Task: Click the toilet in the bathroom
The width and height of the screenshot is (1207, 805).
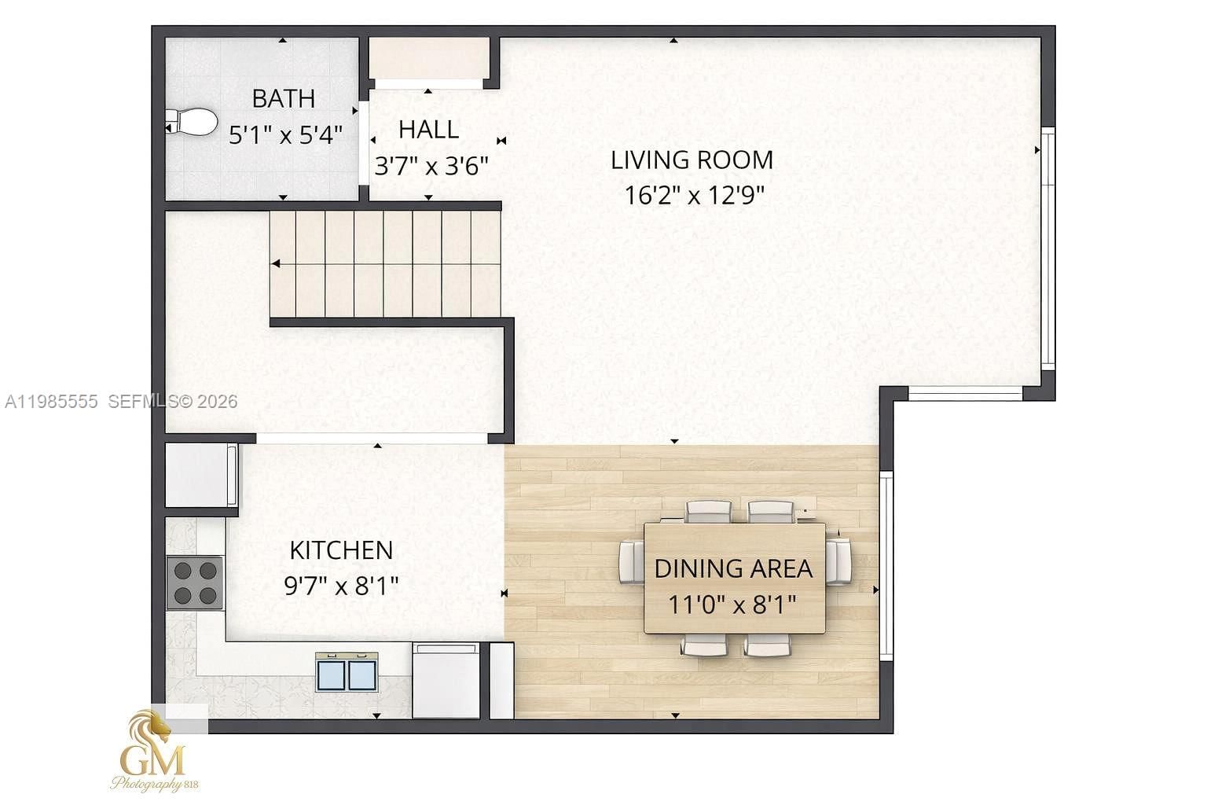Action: point(192,122)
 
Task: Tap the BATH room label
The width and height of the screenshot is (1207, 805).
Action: point(284,99)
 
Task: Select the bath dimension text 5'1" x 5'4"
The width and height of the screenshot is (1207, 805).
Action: point(285,135)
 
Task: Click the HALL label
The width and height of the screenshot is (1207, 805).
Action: point(428,130)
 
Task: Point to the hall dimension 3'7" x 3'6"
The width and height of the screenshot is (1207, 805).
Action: point(431,166)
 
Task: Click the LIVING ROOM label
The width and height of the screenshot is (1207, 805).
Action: point(692,160)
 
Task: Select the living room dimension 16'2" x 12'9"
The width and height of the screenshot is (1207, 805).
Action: point(694,195)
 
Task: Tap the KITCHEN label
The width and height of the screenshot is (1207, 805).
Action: point(341,550)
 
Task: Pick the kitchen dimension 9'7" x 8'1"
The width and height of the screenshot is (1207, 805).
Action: point(341,586)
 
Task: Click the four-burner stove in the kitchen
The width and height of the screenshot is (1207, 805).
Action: point(195,583)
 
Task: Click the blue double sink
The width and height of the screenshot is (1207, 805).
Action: point(347,674)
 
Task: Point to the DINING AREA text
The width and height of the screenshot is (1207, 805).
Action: point(733,568)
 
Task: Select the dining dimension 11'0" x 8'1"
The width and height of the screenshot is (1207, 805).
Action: point(732,605)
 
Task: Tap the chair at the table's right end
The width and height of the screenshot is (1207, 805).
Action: point(839,561)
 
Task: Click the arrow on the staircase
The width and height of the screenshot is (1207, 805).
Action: point(277,264)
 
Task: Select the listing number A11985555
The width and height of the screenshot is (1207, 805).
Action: point(51,402)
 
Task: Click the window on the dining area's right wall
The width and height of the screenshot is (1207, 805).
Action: point(886,565)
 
